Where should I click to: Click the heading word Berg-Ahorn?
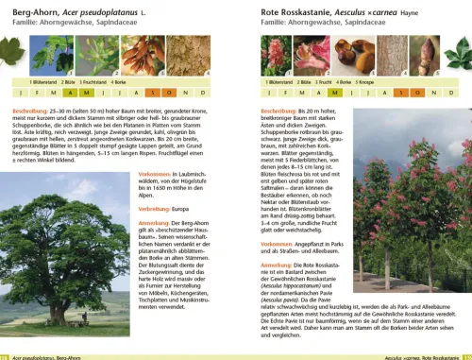[34, 9]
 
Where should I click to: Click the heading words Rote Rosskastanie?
[292, 9]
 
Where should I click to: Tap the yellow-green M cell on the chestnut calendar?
[338, 93]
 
